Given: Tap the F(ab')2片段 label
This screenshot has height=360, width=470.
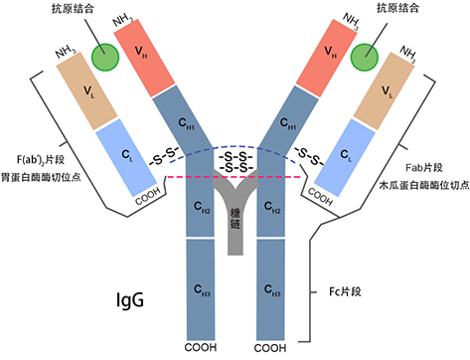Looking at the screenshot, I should (45, 159).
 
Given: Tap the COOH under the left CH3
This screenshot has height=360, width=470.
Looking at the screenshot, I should (200, 349).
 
